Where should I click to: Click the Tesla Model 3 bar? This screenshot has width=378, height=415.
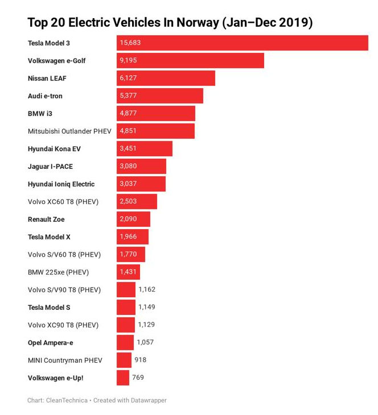click(x=243, y=43)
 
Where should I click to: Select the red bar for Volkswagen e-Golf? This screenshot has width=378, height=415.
click(x=190, y=61)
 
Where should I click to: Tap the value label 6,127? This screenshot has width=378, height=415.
click(x=128, y=78)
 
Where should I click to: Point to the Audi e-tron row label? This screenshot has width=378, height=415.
click(x=45, y=96)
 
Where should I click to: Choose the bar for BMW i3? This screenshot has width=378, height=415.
click(x=156, y=114)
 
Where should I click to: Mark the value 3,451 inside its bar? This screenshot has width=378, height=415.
click(x=128, y=149)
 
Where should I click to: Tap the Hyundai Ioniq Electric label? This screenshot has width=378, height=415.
click(x=61, y=184)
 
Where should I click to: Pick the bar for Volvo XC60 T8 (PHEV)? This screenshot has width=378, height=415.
click(x=137, y=202)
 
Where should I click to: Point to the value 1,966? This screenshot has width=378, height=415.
click(x=128, y=237)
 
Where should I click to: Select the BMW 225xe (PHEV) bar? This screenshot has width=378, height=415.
click(x=128, y=272)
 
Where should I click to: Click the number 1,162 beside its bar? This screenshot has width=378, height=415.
click(x=147, y=289)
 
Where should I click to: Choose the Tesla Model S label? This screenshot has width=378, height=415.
click(x=49, y=308)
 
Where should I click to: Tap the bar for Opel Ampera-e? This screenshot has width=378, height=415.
click(x=125, y=342)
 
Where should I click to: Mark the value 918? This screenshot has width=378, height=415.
click(x=141, y=360)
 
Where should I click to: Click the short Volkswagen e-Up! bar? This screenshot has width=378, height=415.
click(x=123, y=377)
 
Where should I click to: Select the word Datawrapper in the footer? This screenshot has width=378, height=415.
click(x=146, y=400)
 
